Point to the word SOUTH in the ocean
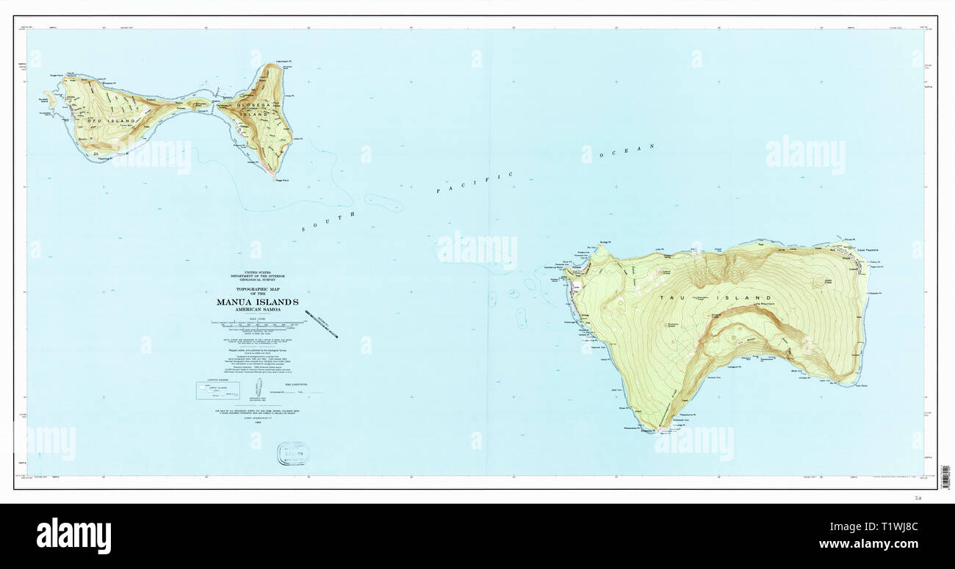(x=328, y=222)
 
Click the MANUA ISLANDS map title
(x=257, y=302)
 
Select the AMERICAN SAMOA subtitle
(x=257, y=310)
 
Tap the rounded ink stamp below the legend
(x=292, y=453)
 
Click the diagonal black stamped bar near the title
(x=322, y=323)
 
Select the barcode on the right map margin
(x=945, y=477)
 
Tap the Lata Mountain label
(x=765, y=305)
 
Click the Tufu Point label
(x=860, y=385)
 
